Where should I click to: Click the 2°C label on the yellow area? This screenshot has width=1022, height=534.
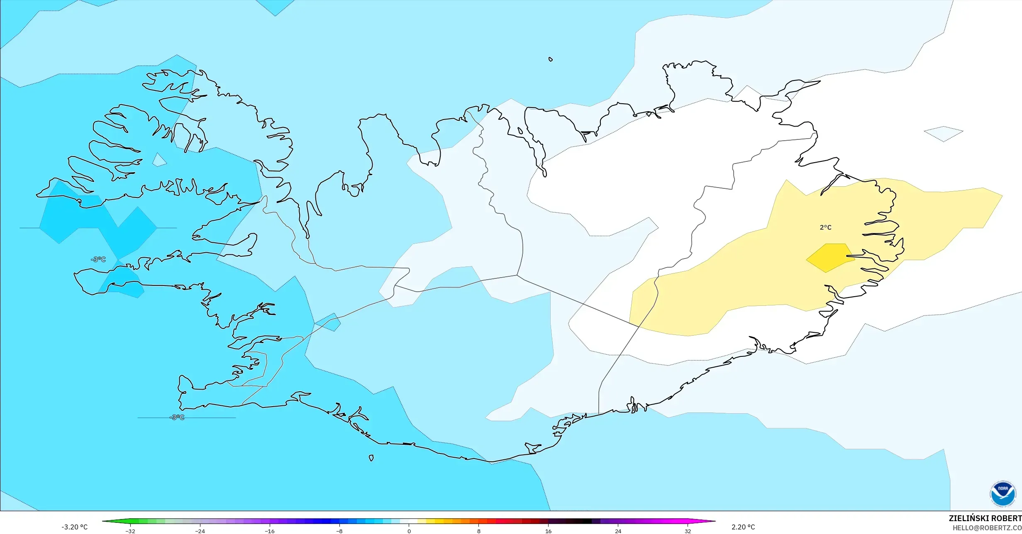(825, 227)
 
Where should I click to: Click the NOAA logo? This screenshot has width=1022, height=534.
(1003, 493)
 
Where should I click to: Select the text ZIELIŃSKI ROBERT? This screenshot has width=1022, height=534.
(985, 518)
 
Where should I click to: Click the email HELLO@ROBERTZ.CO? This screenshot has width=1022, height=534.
(987, 528)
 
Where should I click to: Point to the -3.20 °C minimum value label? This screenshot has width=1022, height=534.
(75, 527)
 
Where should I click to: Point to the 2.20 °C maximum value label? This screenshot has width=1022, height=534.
(743, 527)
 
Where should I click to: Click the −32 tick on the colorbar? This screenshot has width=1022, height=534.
(130, 531)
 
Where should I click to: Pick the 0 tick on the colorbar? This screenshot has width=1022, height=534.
(409, 531)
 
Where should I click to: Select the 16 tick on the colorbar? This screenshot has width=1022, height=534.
(548, 531)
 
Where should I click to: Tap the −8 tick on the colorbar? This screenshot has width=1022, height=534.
(339, 531)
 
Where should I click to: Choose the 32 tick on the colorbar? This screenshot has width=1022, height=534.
(688, 531)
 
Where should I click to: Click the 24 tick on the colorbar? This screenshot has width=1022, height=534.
(618, 531)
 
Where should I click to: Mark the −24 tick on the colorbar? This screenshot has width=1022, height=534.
(200, 531)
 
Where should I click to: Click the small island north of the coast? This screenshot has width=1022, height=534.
(551, 59)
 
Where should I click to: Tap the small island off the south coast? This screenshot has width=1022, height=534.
(371, 458)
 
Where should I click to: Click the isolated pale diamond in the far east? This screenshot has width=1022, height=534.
(944, 134)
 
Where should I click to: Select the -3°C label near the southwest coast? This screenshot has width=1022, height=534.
(177, 417)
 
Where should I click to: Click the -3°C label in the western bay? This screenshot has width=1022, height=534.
(98, 259)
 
